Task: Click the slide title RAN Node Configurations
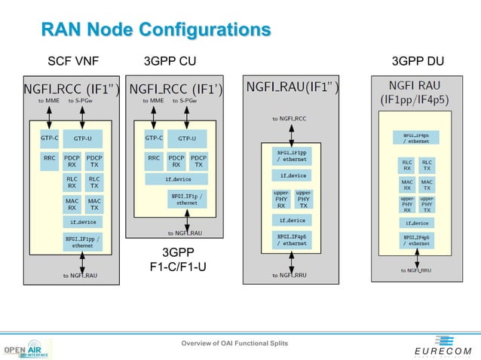[x=155, y=30]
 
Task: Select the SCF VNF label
[x=73, y=60]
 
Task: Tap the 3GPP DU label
[x=418, y=60]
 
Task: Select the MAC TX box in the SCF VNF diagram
[x=94, y=203]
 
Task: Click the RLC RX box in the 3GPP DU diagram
[x=406, y=164]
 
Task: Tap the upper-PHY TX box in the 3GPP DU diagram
[x=427, y=203]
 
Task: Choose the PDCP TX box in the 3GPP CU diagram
[x=198, y=160]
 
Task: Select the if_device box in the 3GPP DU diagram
[x=417, y=223]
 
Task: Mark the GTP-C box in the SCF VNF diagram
[x=49, y=139]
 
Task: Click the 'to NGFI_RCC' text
[x=290, y=118]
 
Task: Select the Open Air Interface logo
[x=27, y=350]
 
